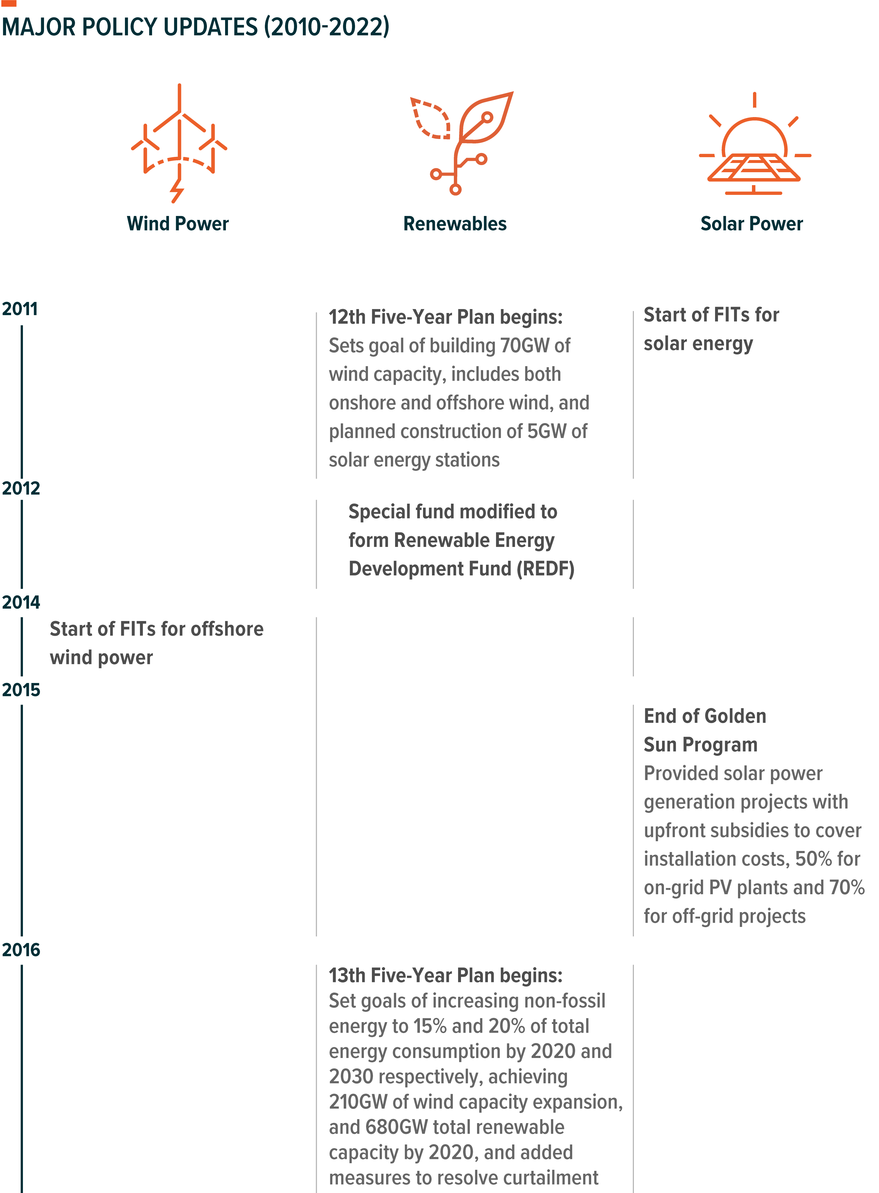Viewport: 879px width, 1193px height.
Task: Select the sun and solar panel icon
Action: pos(755,144)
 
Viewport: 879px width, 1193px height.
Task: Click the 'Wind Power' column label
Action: pos(178,224)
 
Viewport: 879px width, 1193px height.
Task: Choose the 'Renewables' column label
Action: pos(455,224)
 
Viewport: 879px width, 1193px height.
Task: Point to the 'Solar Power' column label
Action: pos(751,224)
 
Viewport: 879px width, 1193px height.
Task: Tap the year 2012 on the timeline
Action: pos(21,488)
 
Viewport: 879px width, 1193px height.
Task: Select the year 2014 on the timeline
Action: pos(21,602)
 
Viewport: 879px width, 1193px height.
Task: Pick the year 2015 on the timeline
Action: pos(21,690)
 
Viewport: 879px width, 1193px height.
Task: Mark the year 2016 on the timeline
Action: pos(21,950)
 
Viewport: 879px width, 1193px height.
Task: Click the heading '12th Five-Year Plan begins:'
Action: pos(445,317)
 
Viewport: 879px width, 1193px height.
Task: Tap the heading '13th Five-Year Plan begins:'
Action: pos(445,975)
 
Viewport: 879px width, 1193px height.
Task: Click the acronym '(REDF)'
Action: pos(545,569)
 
